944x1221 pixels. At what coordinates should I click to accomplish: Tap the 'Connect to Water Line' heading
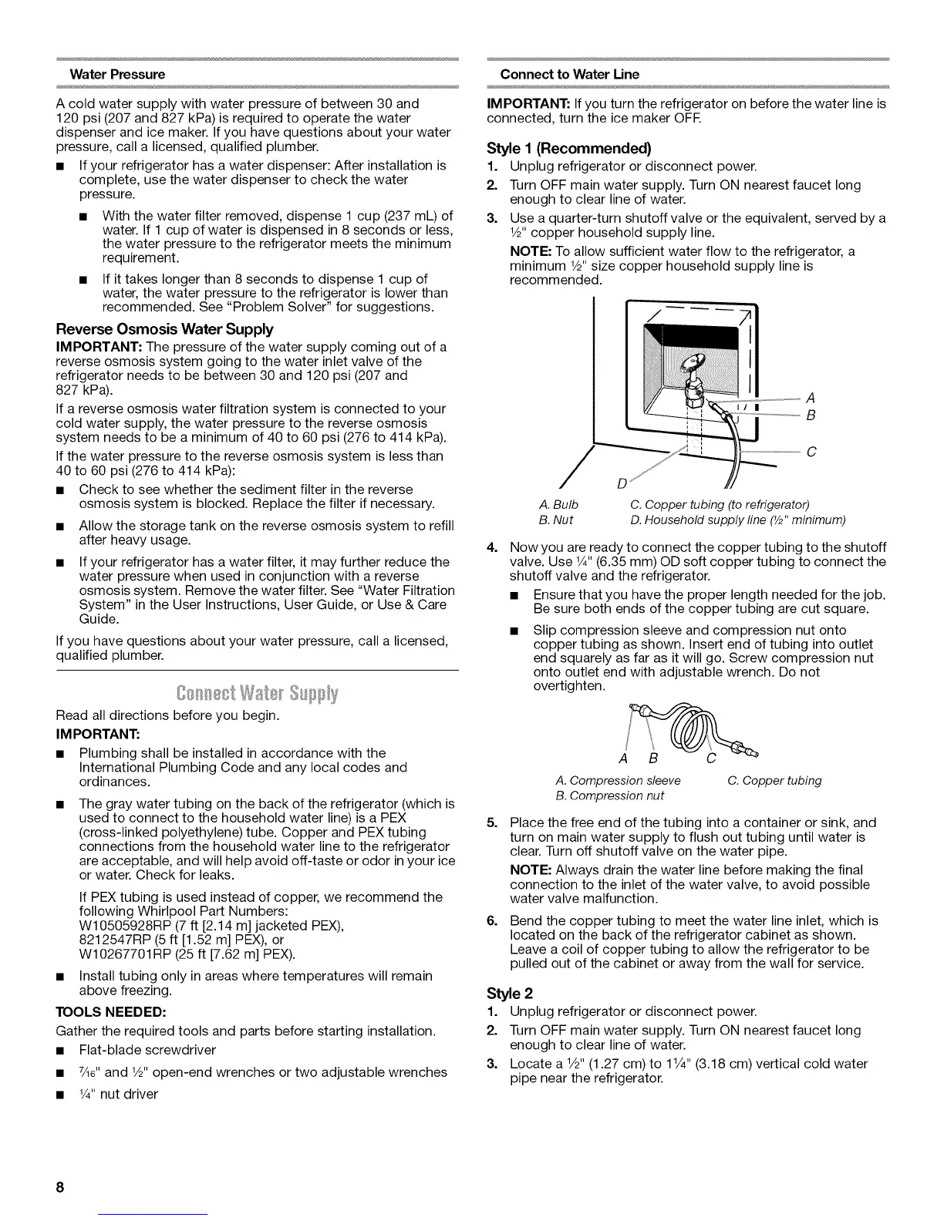[569, 75]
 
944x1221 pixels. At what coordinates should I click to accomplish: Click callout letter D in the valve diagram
[622, 484]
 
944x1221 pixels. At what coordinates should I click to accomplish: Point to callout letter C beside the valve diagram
[811, 452]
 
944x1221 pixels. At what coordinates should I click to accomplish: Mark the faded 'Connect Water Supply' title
[258, 692]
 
